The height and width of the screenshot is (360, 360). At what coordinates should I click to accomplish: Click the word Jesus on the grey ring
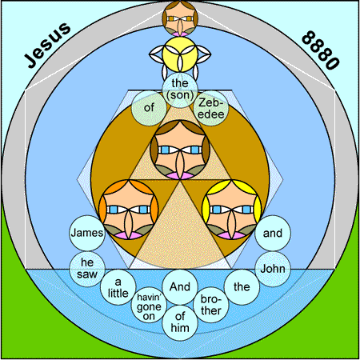(x=47, y=45)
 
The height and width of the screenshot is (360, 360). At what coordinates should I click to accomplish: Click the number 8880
(x=321, y=50)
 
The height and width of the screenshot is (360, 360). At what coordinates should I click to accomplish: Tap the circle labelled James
(x=87, y=233)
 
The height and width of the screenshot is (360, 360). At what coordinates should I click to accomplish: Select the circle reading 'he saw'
(x=87, y=269)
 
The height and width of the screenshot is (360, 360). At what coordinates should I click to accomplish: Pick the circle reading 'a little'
(x=118, y=287)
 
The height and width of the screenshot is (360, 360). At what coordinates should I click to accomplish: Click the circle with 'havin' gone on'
(x=149, y=305)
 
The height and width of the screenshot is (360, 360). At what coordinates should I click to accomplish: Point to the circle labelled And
(x=180, y=287)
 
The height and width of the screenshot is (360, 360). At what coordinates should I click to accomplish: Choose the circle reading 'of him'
(x=180, y=322)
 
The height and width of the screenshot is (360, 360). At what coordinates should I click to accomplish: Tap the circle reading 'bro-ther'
(x=211, y=305)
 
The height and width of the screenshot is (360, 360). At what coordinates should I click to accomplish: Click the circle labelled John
(x=273, y=269)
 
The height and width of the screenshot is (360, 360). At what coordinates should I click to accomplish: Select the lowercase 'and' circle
(x=273, y=233)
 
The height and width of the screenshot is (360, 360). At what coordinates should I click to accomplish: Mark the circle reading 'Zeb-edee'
(x=211, y=108)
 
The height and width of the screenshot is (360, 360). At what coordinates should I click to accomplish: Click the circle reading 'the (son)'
(x=180, y=90)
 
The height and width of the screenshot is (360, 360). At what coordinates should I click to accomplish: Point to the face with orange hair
(x=129, y=210)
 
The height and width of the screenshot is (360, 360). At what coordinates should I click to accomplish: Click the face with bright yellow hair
(x=232, y=210)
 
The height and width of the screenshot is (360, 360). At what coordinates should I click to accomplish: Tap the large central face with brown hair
(x=180, y=150)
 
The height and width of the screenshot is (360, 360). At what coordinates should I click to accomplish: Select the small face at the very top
(x=180, y=18)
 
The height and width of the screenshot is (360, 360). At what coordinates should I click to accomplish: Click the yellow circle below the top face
(x=180, y=54)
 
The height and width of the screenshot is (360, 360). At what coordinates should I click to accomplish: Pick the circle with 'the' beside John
(x=242, y=287)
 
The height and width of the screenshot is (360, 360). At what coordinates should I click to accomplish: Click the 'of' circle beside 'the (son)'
(x=149, y=108)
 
